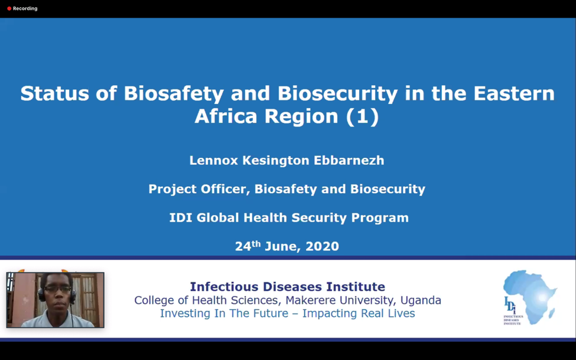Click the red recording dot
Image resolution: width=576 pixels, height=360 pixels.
9,8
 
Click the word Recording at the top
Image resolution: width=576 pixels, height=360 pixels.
25,8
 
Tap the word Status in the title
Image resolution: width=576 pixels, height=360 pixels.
55,93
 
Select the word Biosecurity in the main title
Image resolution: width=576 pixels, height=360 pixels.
337,93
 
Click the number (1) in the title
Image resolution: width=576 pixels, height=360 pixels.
362,116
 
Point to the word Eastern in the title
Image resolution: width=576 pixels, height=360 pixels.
514,93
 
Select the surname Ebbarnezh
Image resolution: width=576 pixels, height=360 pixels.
349,160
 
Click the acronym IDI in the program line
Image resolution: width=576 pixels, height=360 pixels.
181,218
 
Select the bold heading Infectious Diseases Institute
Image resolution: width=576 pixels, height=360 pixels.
287,287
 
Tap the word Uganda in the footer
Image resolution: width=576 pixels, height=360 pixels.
421,300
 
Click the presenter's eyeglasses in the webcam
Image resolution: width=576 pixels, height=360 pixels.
57,289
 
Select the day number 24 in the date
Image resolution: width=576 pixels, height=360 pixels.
243,247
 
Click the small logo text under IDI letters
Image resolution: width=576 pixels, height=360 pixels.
513,320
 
